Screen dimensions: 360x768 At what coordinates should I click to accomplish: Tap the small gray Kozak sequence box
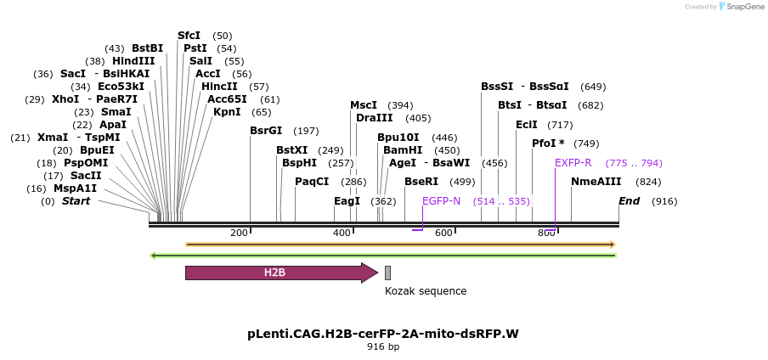click(x=387, y=273)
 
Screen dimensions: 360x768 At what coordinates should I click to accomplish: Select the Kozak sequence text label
click(x=425, y=291)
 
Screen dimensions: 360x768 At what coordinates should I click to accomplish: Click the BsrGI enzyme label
click(x=266, y=131)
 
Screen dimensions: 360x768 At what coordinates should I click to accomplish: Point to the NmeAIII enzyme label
click(x=596, y=182)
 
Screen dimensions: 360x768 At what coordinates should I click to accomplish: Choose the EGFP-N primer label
click(x=441, y=201)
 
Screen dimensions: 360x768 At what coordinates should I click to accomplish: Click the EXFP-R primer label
click(x=573, y=163)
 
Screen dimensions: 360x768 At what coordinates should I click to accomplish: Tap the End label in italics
click(x=629, y=201)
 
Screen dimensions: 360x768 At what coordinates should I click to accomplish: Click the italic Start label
click(x=76, y=201)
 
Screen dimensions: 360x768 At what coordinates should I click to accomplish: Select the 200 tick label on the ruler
click(x=239, y=233)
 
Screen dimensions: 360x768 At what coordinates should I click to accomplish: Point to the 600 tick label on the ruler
click(x=443, y=233)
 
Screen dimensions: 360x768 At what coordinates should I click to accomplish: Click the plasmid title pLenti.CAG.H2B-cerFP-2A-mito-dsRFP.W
click(x=383, y=334)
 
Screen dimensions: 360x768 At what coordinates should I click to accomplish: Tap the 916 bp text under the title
click(x=383, y=347)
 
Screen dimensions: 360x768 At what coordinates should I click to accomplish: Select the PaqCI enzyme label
click(x=312, y=182)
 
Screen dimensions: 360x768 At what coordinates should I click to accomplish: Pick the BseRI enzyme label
click(x=421, y=182)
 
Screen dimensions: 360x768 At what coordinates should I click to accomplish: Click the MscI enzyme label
click(x=364, y=105)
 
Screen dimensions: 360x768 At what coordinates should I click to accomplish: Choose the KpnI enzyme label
click(x=227, y=112)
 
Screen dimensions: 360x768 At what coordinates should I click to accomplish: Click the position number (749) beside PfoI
click(x=586, y=143)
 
